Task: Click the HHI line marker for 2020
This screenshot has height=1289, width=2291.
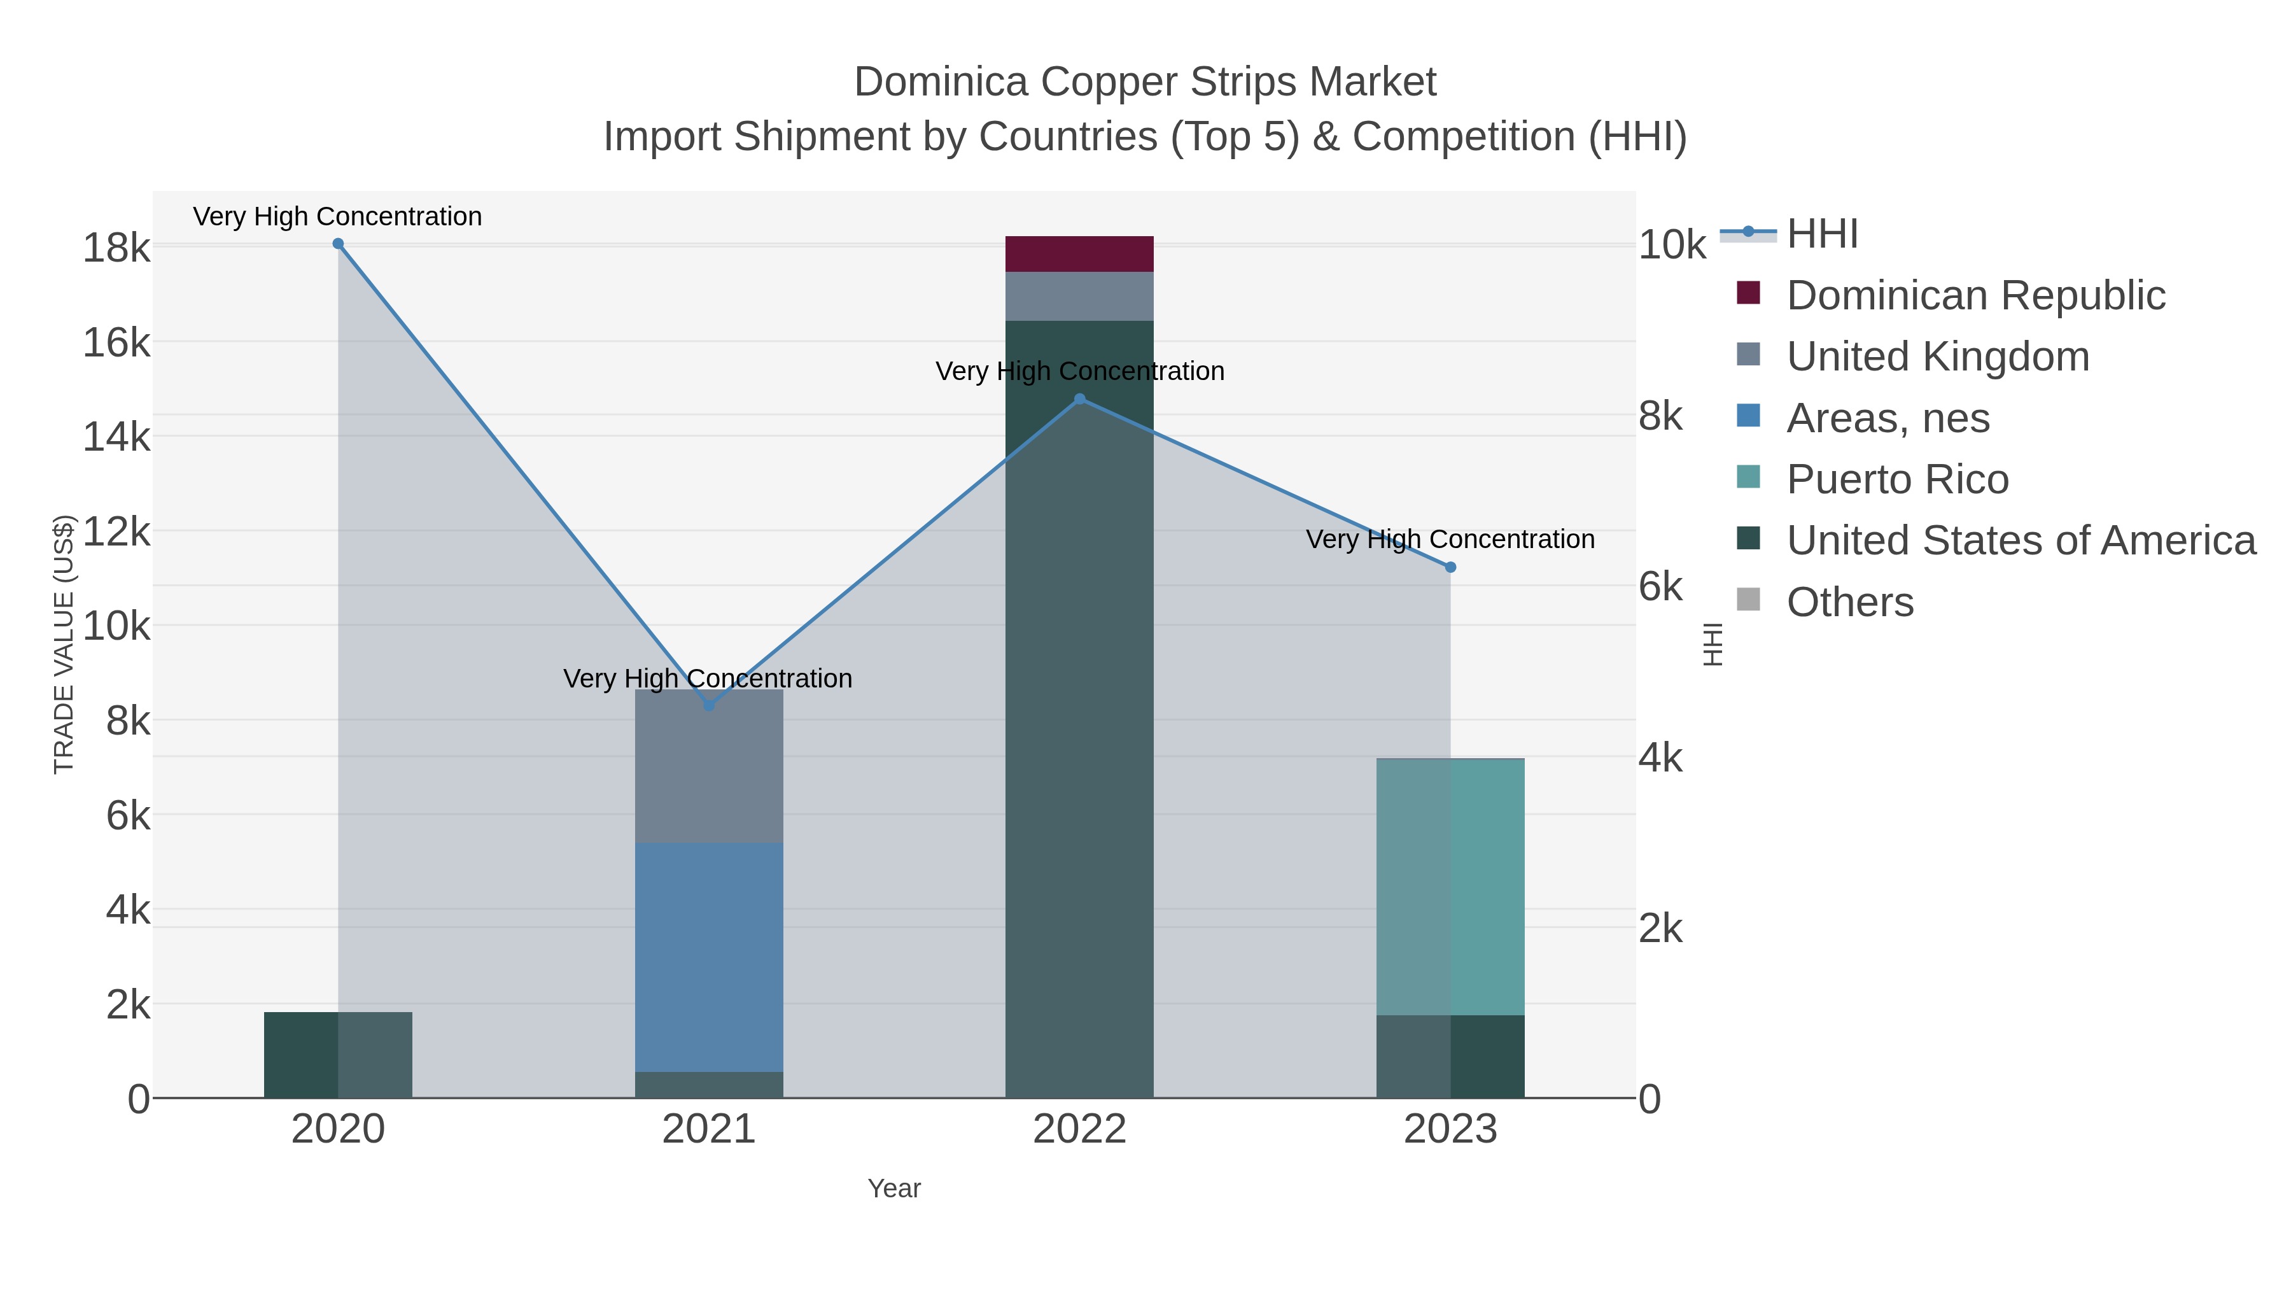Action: (x=338, y=244)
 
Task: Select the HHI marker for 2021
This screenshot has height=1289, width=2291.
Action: (x=709, y=705)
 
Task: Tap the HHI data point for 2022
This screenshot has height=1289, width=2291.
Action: (x=1080, y=399)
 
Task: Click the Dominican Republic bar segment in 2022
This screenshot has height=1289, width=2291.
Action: (x=1080, y=255)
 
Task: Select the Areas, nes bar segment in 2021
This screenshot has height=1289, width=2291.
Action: (x=709, y=957)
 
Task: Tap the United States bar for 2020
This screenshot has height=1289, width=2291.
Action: (x=338, y=1055)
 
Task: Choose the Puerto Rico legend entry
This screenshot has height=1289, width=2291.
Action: (x=1897, y=479)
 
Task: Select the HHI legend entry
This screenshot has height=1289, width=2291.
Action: (x=1821, y=234)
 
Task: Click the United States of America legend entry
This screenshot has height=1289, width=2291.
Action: (x=2020, y=541)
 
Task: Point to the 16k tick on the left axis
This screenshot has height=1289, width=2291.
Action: (x=116, y=342)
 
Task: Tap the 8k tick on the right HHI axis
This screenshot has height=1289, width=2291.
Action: (x=1660, y=416)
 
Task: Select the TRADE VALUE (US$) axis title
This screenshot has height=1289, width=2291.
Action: (x=64, y=644)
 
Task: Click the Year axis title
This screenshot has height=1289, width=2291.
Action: (x=894, y=1188)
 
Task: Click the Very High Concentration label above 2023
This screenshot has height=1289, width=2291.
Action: (x=1450, y=539)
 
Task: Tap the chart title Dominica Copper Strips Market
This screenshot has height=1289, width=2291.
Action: (x=1145, y=82)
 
